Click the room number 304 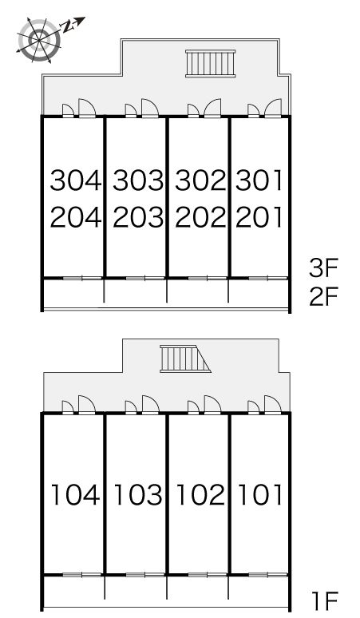point(76,180)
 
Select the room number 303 point(138,180)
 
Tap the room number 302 point(200,180)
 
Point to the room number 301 point(259,180)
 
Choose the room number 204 point(76,217)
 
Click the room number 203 point(138,217)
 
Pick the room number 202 point(200,217)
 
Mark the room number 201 point(259,217)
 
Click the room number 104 point(75,495)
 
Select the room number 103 point(138,495)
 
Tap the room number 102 point(200,495)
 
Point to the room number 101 point(261,495)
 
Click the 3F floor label point(323,268)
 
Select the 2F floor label point(323,296)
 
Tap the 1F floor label point(326,601)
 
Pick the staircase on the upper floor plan point(210,63)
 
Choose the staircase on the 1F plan point(185,359)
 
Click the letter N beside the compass point(68,26)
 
